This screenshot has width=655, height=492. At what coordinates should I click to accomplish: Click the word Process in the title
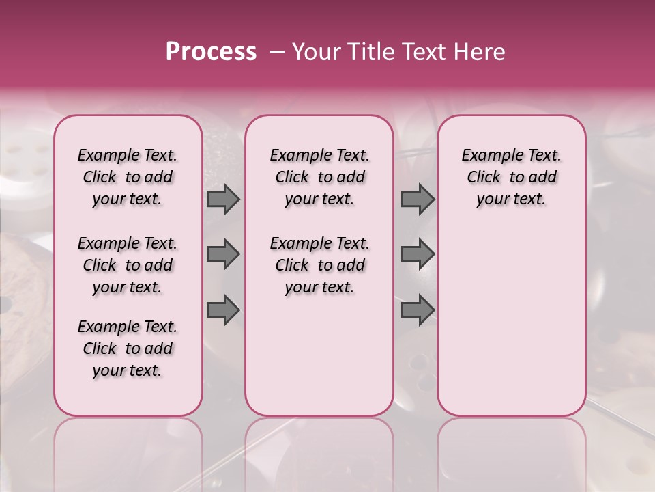pyautogui.click(x=211, y=53)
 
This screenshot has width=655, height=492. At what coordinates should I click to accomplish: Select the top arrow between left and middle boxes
pyautogui.click(x=223, y=200)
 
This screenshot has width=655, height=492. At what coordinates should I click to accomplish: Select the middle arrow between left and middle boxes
pyautogui.click(x=223, y=254)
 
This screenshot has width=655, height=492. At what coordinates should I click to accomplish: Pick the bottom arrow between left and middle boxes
pyautogui.click(x=223, y=310)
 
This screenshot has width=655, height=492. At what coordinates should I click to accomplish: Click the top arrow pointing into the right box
pyautogui.click(x=418, y=200)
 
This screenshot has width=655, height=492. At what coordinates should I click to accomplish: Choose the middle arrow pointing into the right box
pyautogui.click(x=418, y=254)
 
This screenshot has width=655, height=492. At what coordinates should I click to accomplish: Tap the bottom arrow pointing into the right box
pyautogui.click(x=418, y=310)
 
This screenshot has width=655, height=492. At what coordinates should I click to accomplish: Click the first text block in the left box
pyautogui.click(x=128, y=177)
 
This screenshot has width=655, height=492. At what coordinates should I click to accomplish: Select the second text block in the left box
pyautogui.click(x=128, y=265)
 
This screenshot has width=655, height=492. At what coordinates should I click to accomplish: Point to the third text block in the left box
pyautogui.click(x=128, y=348)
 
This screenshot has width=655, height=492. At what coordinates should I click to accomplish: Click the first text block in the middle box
pyautogui.click(x=320, y=177)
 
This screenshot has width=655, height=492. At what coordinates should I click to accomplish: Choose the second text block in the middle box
pyautogui.click(x=320, y=265)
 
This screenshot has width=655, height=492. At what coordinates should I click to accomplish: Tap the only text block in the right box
pyautogui.click(x=512, y=177)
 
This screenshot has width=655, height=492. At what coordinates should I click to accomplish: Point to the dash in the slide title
pyautogui.click(x=278, y=53)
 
